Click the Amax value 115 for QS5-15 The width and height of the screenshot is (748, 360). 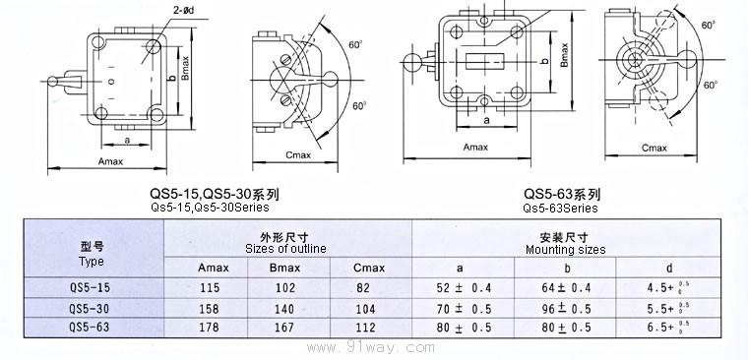point(210,288)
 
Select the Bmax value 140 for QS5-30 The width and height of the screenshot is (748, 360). point(284,309)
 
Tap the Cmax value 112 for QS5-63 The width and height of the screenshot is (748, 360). point(365,328)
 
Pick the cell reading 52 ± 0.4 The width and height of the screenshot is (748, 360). point(464,288)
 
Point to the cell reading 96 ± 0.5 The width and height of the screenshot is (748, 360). point(566,309)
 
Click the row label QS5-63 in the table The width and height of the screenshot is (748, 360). point(90,327)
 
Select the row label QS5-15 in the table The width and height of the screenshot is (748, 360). point(90,287)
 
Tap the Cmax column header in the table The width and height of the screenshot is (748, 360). point(369,268)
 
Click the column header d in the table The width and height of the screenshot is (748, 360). point(669,268)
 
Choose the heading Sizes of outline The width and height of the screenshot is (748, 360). point(285,249)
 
